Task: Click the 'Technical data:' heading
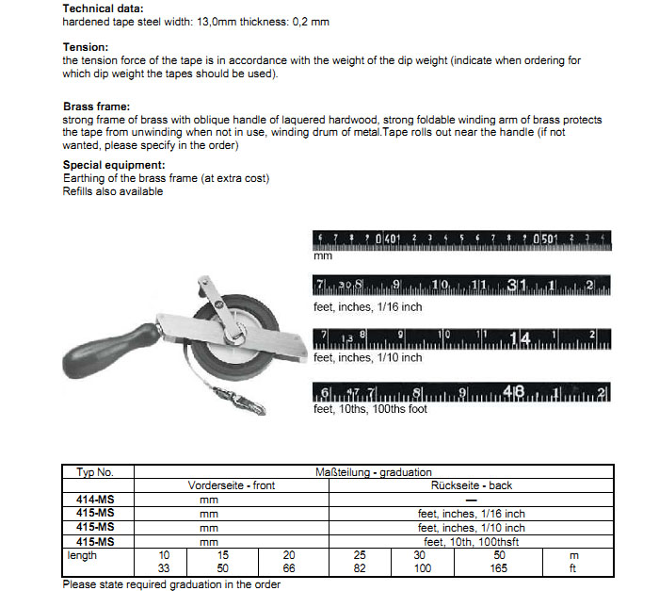click(104, 8)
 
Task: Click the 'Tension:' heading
click(86, 46)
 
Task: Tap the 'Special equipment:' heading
click(114, 165)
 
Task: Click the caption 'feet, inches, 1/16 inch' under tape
click(367, 306)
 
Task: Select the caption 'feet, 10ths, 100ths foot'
click(371, 409)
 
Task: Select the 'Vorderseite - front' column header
click(233, 485)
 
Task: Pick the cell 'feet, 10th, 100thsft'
click(472, 543)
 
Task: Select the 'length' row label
click(83, 556)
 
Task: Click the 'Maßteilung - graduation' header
click(373, 470)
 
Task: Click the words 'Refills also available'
click(113, 191)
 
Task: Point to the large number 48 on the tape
click(515, 392)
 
